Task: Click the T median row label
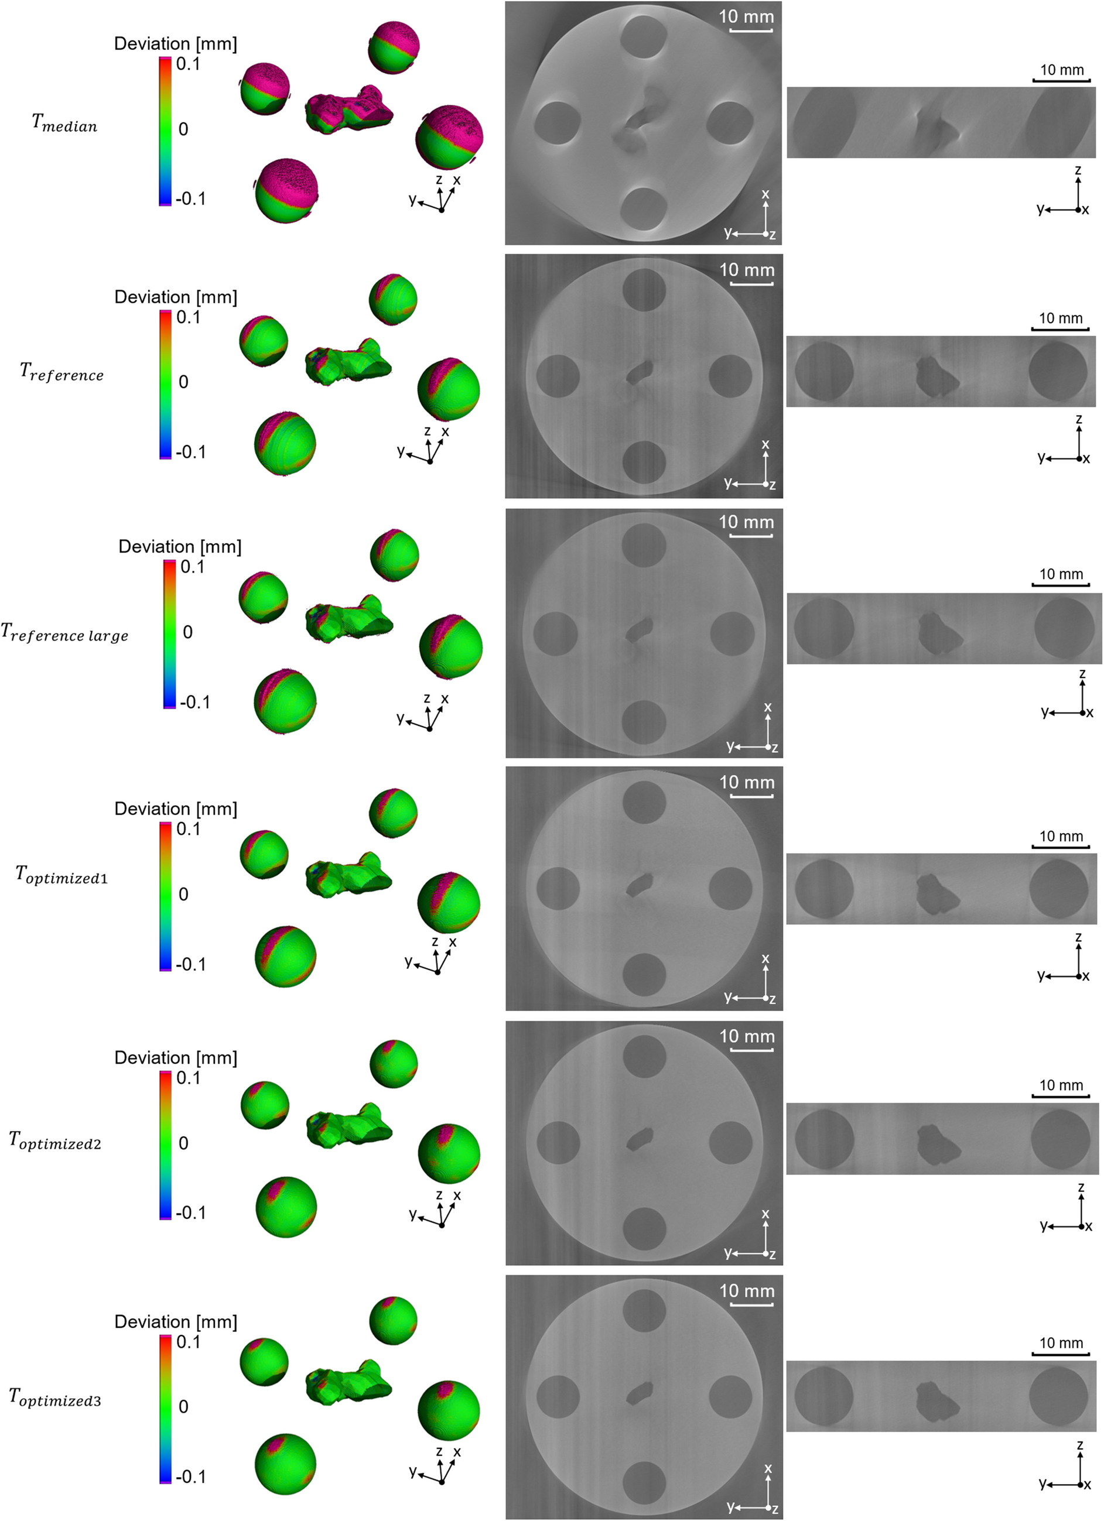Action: pos(64,124)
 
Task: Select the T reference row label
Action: pos(61,372)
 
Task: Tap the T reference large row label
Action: pos(64,632)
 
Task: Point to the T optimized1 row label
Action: pos(61,875)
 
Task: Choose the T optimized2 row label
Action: pos(55,1140)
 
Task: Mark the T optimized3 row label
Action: pos(55,1397)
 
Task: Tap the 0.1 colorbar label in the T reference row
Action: pos(189,317)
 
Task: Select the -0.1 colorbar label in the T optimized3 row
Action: pos(190,1476)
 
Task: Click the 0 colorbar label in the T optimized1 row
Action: pos(183,894)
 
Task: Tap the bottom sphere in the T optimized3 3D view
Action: pos(285,1464)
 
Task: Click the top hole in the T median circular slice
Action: pos(643,37)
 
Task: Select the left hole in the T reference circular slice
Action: pos(558,376)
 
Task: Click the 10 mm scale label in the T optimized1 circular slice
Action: pos(747,783)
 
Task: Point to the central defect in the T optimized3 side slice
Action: pos(937,1402)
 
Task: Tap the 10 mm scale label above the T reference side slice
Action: pos(1061,318)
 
